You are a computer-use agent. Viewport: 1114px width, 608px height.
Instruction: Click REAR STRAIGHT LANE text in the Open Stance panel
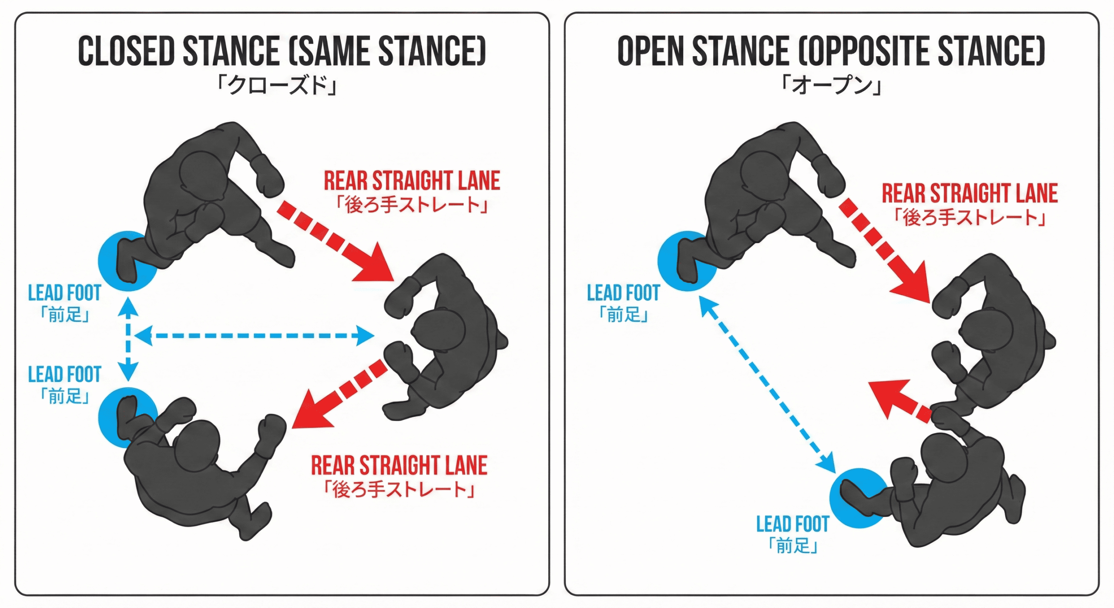pyautogui.click(x=970, y=194)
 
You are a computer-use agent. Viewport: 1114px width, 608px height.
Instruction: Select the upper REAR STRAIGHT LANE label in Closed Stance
pyautogui.click(x=412, y=181)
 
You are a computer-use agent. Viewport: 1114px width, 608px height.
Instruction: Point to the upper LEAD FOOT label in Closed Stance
pyautogui.click(x=64, y=293)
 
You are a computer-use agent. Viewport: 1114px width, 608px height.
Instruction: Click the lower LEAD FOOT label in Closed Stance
pyautogui.click(x=64, y=375)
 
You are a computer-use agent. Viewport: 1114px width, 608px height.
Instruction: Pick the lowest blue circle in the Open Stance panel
pyautogui.click(x=858, y=498)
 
